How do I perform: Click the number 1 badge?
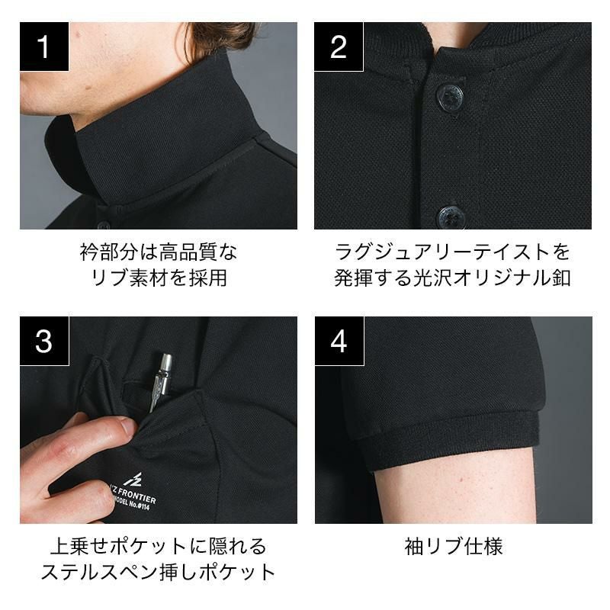click(44, 47)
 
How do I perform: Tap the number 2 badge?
click(339, 47)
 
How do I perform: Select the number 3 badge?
click(44, 341)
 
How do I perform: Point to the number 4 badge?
click(339, 341)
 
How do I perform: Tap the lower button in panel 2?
click(451, 217)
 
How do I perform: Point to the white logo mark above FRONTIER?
click(133, 480)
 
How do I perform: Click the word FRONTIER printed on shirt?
click(136, 496)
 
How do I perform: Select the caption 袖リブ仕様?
click(454, 546)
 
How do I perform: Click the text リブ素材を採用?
click(159, 278)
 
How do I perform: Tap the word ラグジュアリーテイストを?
click(452, 252)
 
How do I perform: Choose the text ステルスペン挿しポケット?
click(159, 572)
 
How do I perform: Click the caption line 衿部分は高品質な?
click(159, 252)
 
